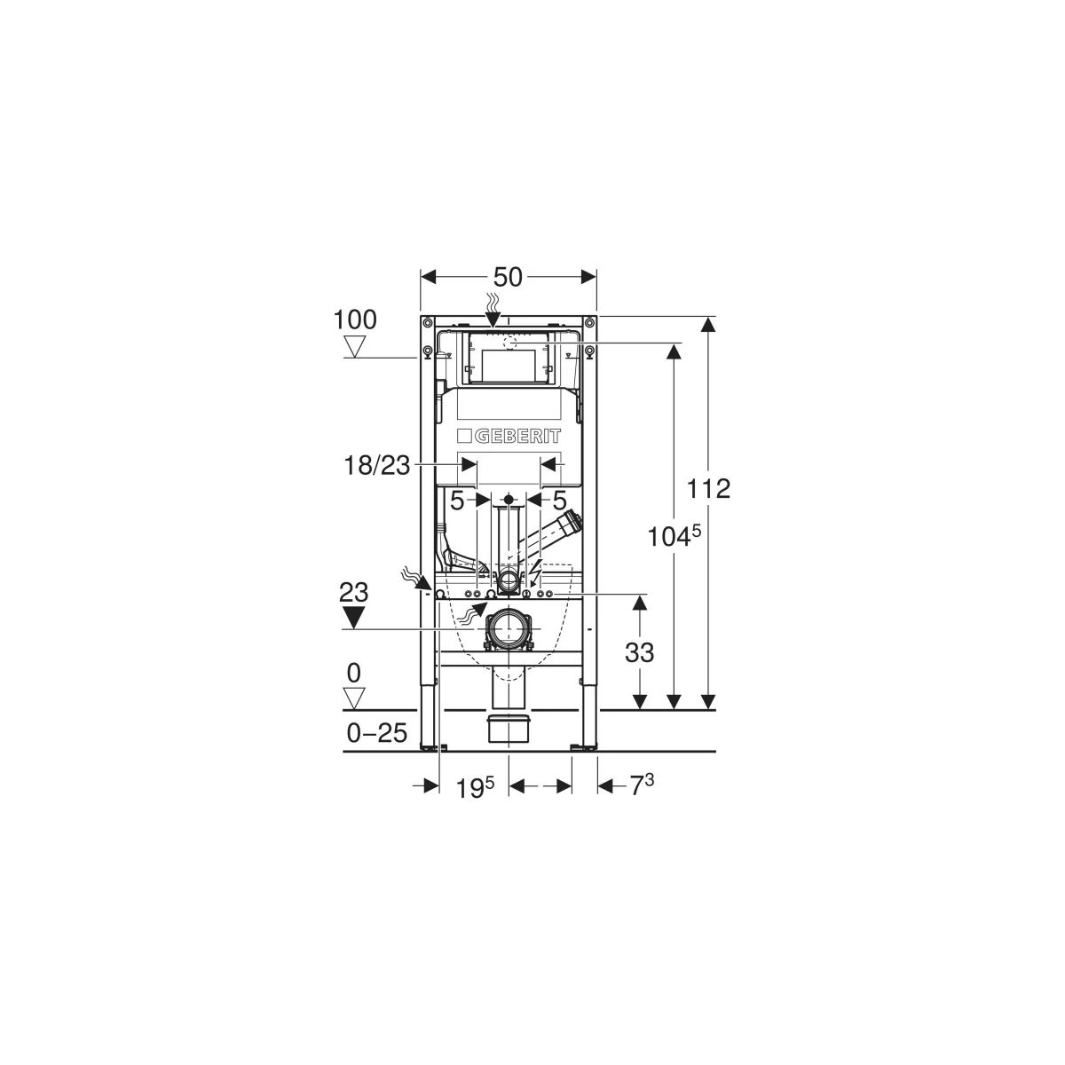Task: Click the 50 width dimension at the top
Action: click(x=508, y=277)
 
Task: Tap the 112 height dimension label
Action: click(x=708, y=488)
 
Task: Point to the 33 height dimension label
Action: click(x=639, y=652)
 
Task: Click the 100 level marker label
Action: click(x=355, y=320)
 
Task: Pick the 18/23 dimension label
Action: click(x=377, y=466)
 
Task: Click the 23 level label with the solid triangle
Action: click(x=354, y=593)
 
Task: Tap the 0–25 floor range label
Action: click(x=377, y=733)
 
